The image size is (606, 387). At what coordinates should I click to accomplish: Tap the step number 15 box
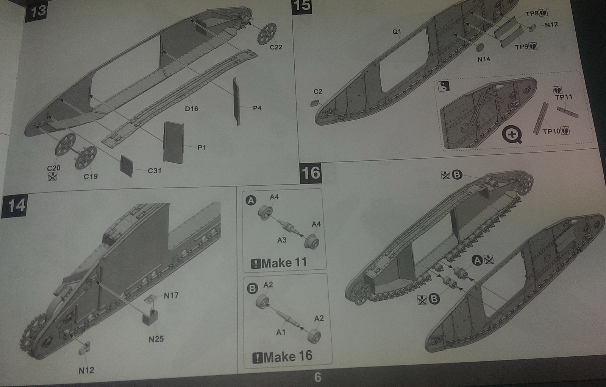(x=302, y=6)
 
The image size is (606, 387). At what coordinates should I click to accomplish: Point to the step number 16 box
(x=311, y=173)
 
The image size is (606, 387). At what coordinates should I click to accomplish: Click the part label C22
(x=276, y=47)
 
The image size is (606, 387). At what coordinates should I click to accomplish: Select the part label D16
(x=191, y=109)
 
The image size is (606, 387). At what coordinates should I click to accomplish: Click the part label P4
(x=257, y=108)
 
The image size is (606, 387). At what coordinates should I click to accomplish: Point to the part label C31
(x=155, y=171)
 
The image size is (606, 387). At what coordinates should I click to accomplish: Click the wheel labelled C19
(x=86, y=157)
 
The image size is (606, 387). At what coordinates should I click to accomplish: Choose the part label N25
(x=156, y=339)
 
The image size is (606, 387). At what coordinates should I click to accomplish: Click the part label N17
(x=171, y=295)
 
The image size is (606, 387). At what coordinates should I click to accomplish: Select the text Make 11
(x=284, y=263)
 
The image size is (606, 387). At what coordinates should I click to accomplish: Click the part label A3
(x=282, y=240)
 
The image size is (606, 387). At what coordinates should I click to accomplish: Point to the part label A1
(x=281, y=332)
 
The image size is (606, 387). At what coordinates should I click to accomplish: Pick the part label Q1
(x=397, y=32)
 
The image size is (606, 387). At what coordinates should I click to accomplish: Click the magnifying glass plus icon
(x=512, y=134)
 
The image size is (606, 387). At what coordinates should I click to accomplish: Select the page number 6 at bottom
(x=317, y=377)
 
